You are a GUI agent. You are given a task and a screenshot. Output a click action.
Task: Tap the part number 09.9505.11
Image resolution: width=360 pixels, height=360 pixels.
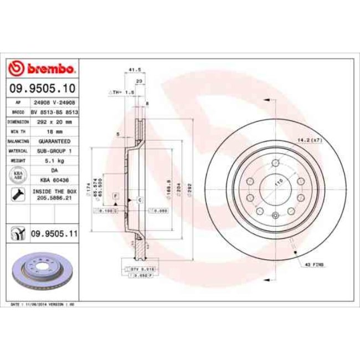point(53,235)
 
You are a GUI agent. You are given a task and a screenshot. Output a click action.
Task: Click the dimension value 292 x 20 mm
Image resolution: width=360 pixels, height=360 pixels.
point(54,121)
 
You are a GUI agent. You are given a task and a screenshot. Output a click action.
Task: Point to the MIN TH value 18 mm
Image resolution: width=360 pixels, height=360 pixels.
point(54,131)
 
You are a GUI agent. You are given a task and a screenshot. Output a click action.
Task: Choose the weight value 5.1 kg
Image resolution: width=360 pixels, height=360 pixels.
point(54,161)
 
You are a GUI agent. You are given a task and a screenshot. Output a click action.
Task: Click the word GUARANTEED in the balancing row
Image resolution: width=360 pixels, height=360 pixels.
point(54,141)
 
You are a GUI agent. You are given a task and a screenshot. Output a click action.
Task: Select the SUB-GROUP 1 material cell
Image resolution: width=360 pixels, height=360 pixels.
point(54,151)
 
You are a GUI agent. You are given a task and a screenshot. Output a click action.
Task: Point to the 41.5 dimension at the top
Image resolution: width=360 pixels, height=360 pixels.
point(132,70)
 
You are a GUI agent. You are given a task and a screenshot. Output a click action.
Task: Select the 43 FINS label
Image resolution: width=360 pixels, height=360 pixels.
point(313,266)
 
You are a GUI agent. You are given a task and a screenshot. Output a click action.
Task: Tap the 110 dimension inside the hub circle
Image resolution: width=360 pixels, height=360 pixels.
point(279,182)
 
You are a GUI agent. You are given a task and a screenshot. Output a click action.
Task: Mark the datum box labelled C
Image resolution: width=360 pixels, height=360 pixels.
point(140,199)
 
